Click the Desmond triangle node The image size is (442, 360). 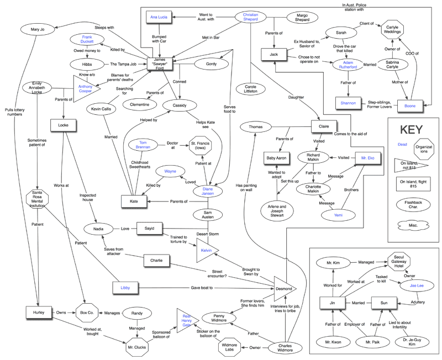[283, 288]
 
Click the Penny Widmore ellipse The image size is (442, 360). [220, 318]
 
